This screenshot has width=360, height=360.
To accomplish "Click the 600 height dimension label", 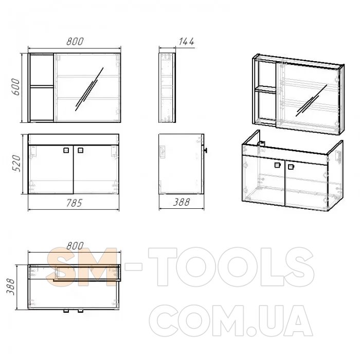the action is (15, 87).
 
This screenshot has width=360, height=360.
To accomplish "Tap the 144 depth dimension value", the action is (186, 42).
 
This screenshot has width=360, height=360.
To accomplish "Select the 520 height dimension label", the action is (16, 163).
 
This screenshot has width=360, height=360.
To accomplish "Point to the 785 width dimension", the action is (75, 203).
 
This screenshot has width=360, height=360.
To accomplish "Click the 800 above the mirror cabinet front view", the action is (75, 41).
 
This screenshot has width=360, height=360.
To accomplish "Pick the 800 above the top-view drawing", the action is (75, 246).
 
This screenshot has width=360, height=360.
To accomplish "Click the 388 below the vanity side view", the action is (182, 202).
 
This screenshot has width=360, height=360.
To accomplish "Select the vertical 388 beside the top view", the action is (10, 287).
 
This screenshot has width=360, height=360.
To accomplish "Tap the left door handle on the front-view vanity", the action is (66, 150).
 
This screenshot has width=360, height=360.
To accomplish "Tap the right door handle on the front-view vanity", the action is (80, 150).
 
